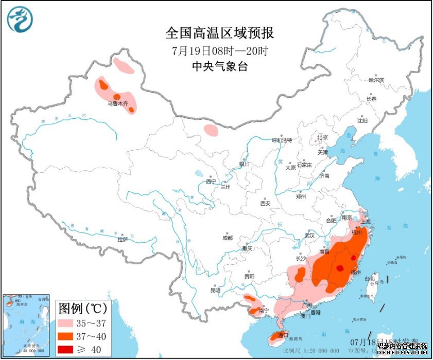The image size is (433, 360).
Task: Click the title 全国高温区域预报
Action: click(219, 33)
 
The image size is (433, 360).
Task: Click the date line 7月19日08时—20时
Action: click(219, 51)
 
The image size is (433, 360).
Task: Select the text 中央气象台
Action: click(219, 66)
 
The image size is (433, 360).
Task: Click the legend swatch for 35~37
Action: click(67, 324)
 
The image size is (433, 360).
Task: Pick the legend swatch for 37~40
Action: click(67, 337)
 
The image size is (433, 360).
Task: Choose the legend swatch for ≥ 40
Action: click(67, 350)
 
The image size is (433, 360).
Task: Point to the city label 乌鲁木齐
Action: click(117, 103)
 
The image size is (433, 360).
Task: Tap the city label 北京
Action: click(322, 137)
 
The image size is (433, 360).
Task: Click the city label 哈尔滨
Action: click(376, 80)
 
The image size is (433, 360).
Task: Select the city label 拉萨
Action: click(123, 239)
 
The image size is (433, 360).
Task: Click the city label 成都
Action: click(227, 238)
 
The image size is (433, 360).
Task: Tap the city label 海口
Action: click(282, 335)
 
